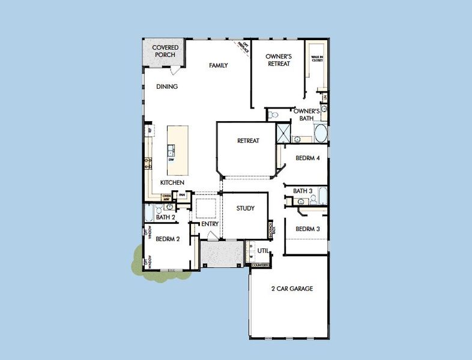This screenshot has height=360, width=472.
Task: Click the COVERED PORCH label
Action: click(x=164, y=51)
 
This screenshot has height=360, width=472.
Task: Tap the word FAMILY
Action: click(x=218, y=65)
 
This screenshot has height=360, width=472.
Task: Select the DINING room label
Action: click(x=167, y=86)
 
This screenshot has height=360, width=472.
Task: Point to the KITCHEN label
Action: click(x=172, y=182)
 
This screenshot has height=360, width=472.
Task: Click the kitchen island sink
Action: click(x=171, y=151)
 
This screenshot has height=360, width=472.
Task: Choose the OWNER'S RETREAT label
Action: click(x=278, y=60)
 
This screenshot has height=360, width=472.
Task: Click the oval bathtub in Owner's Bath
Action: click(x=320, y=133)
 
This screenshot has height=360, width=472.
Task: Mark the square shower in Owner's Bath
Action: click(x=283, y=132)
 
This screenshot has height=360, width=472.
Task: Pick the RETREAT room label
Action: click(x=248, y=141)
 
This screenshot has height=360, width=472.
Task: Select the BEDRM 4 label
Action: click(x=307, y=158)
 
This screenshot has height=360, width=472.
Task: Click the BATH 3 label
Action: click(x=303, y=191)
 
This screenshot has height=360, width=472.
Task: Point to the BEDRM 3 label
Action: click(x=307, y=229)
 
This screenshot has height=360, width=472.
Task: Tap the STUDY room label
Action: click(x=245, y=209)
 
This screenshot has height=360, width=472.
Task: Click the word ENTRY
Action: click(x=210, y=224)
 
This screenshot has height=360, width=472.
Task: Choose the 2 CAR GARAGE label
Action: click(x=292, y=289)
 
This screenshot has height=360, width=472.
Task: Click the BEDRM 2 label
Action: click(x=168, y=239)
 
